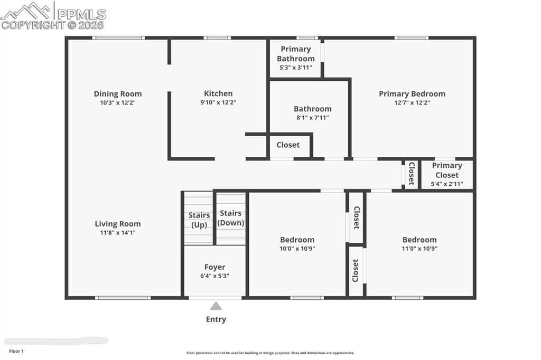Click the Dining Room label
pos(118,94)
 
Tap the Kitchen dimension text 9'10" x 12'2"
pos(218,102)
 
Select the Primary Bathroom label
pos(295,54)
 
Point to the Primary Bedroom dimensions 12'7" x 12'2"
pos(412,102)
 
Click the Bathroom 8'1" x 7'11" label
pos(312,109)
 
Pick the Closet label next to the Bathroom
pos(288,145)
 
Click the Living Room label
pos(118,224)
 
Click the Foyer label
pos(214,267)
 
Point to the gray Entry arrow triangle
pos(216,306)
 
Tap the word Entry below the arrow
pos(216,319)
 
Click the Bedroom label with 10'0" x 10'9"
pos(297,240)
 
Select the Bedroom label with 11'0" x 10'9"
pos(419,240)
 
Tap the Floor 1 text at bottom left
pos(16,351)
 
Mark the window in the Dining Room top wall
pos(118,37)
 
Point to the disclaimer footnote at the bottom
pos(270,353)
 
